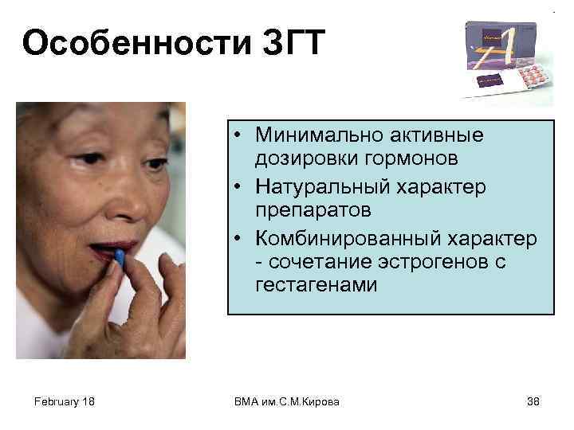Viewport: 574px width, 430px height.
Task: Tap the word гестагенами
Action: point(316,284)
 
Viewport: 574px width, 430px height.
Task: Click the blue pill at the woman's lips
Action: point(120,257)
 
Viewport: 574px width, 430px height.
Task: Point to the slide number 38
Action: point(533,401)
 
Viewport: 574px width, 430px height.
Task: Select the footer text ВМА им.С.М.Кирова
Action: point(287,401)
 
